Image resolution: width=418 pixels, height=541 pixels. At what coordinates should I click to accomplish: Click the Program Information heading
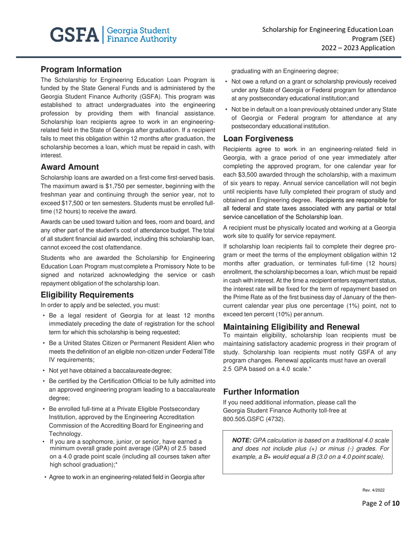[81, 69]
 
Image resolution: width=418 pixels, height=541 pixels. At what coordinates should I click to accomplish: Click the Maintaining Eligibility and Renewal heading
[291, 327]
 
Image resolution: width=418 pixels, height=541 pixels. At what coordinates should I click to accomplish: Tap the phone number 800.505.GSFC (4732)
[254, 418]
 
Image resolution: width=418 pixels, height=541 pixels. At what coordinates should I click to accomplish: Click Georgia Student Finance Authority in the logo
[138, 35]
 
